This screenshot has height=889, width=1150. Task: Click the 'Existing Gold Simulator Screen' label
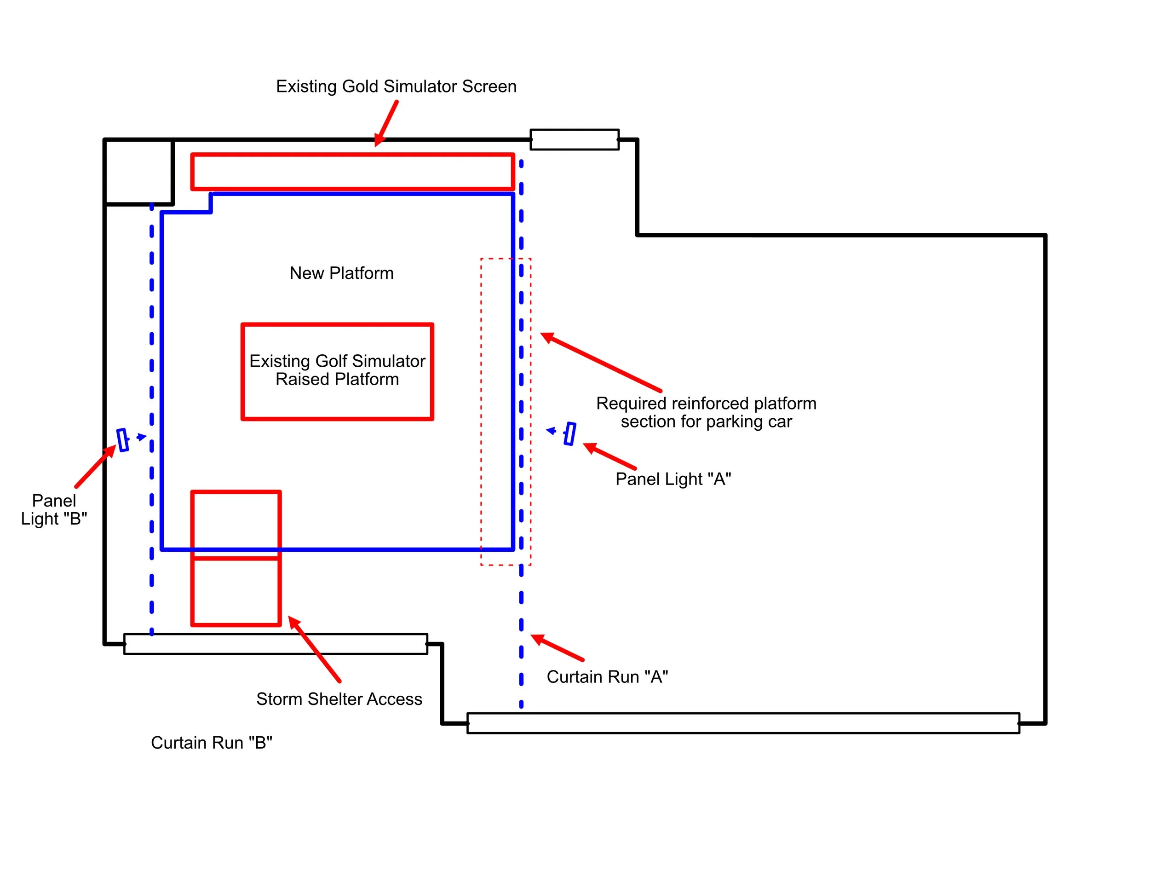(x=396, y=87)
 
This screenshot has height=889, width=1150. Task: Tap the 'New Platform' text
(x=341, y=273)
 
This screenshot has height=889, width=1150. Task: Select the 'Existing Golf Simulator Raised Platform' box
(x=337, y=371)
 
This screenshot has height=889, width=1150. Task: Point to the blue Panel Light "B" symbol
(x=123, y=440)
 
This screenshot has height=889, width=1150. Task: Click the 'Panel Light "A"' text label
(x=673, y=479)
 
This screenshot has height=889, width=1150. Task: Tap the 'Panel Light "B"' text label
(x=54, y=509)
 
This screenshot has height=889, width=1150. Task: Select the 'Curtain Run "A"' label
(x=607, y=676)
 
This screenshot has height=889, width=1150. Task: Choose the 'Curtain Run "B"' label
(x=211, y=742)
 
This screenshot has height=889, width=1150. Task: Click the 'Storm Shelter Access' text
(x=339, y=698)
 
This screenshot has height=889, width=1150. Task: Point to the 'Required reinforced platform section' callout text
(x=706, y=412)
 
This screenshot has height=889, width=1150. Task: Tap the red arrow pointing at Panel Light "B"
(x=95, y=466)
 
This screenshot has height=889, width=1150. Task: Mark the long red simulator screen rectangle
(x=352, y=171)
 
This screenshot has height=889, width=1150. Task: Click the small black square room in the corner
(x=138, y=171)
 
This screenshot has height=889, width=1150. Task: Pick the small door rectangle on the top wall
(x=574, y=139)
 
